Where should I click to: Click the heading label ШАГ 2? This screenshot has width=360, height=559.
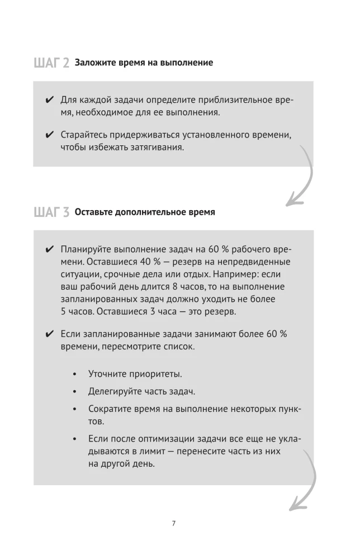click(51, 63)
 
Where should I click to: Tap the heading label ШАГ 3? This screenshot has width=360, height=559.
click(51, 212)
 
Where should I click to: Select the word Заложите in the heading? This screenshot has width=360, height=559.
click(96, 62)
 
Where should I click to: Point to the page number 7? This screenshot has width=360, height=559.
click(174, 523)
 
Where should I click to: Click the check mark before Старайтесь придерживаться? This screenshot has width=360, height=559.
click(50, 135)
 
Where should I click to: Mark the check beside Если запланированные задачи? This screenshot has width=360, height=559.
click(50, 334)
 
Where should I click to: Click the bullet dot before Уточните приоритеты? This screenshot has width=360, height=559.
click(75, 373)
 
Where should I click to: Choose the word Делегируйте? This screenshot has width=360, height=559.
click(114, 391)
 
